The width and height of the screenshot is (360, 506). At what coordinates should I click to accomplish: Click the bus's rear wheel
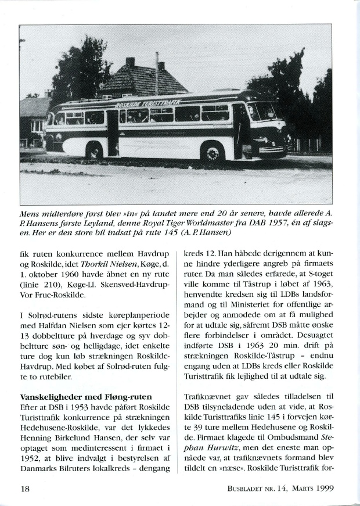pyautogui.click(x=94, y=152)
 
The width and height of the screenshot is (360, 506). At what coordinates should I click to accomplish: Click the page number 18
pyautogui.click(x=25, y=489)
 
